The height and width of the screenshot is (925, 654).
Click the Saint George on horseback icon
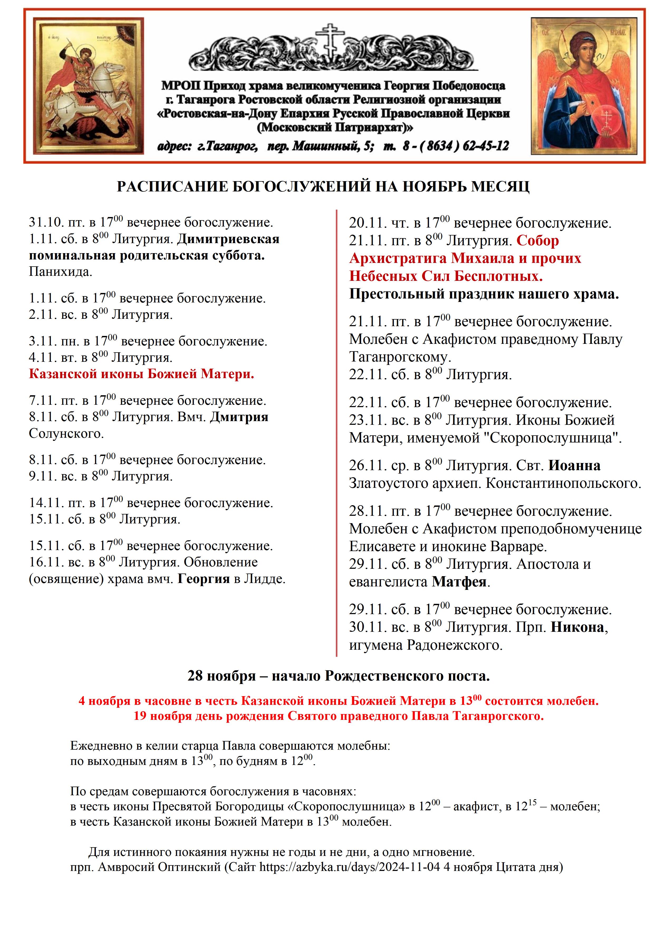pos(88,85)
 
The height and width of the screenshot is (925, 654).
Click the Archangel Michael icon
pos(584,85)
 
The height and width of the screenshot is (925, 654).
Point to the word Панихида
pos(60,272)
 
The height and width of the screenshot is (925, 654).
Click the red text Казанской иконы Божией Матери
pos(141,374)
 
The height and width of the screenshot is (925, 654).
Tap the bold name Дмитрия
pos(239,417)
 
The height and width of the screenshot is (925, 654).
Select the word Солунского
pos(66,434)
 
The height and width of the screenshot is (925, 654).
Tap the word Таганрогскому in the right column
pos(400,357)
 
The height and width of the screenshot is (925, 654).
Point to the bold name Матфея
pos(459,582)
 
